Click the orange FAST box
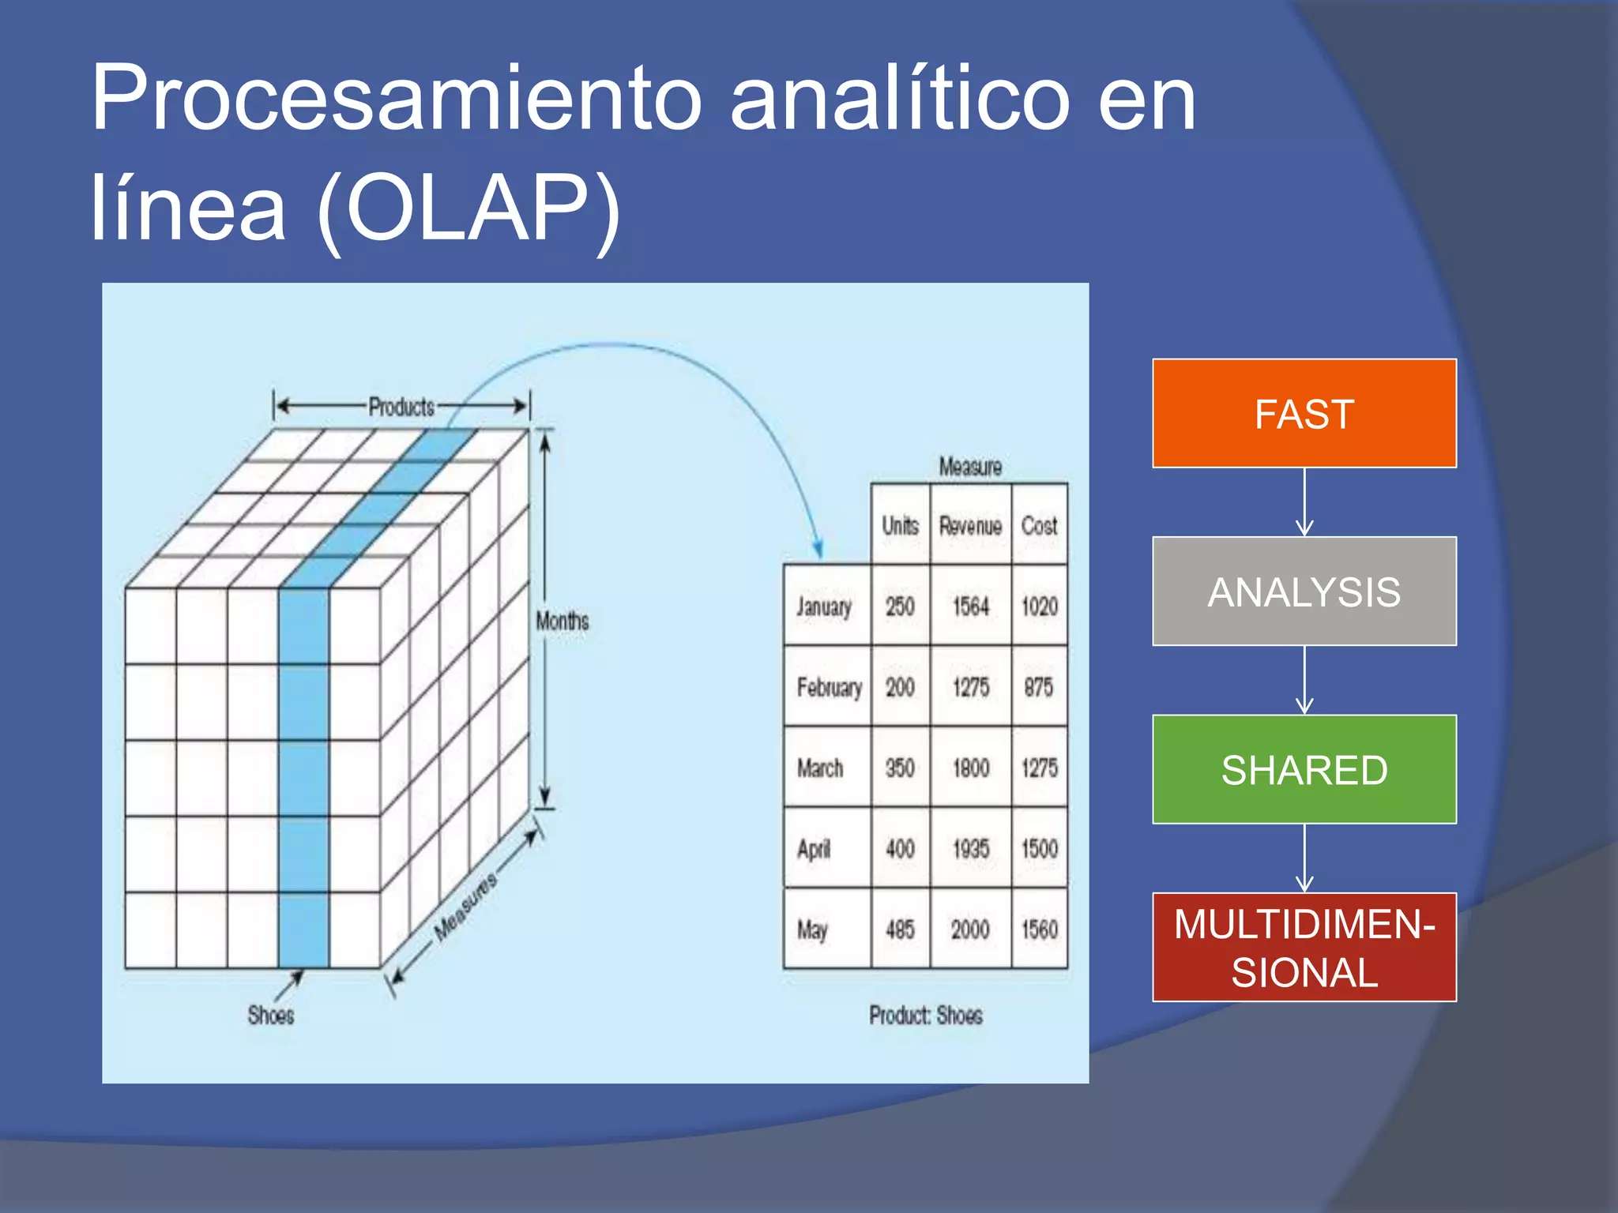1304,413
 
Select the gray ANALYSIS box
1304,591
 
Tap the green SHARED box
1304,769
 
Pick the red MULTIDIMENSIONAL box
1304,947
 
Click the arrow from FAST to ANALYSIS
1304,502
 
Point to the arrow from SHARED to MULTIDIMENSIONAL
1304,858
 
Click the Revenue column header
970,525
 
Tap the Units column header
900,525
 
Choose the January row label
824,606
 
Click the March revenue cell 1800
970,768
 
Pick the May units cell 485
900,929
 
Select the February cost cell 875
1038,687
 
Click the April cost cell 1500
1039,849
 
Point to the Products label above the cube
401,407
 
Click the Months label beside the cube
563,621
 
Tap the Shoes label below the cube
271,1015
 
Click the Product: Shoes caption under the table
926,1015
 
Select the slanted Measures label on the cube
466,907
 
